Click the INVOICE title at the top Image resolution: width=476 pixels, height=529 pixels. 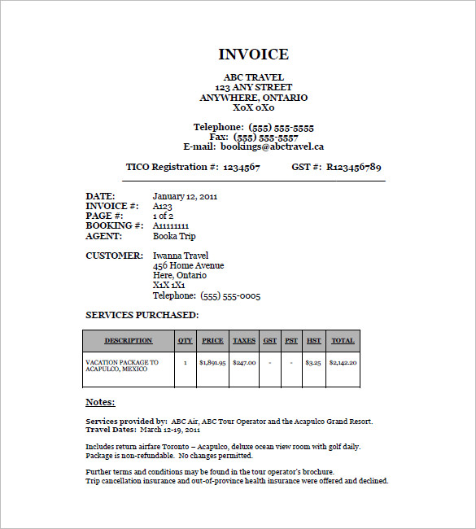click(253, 55)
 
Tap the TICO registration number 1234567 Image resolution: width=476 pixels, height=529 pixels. click(242, 167)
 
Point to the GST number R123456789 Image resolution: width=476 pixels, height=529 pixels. click(353, 167)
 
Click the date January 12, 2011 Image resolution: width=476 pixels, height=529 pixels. click(185, 196)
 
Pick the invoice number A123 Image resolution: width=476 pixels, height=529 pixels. click(163, 206)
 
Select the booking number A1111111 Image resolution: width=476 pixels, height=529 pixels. click(171, 226)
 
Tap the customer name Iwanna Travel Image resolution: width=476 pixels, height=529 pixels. click(181, 256)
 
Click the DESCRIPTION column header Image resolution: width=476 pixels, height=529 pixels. click(129, 341)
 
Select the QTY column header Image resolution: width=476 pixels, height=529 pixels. click(186, 341)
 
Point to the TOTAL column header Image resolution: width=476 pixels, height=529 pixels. click(343, 341)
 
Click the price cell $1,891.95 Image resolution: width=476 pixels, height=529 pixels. click(212, 362)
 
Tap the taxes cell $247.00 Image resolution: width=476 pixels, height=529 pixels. click(244, 362)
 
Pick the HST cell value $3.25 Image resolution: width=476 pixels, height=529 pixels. click(313, 362)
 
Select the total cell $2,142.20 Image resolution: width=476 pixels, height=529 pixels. click(343, 362)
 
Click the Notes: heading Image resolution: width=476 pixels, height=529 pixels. click(100, 402)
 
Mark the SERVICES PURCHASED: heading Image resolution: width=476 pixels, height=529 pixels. click(142, 315)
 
